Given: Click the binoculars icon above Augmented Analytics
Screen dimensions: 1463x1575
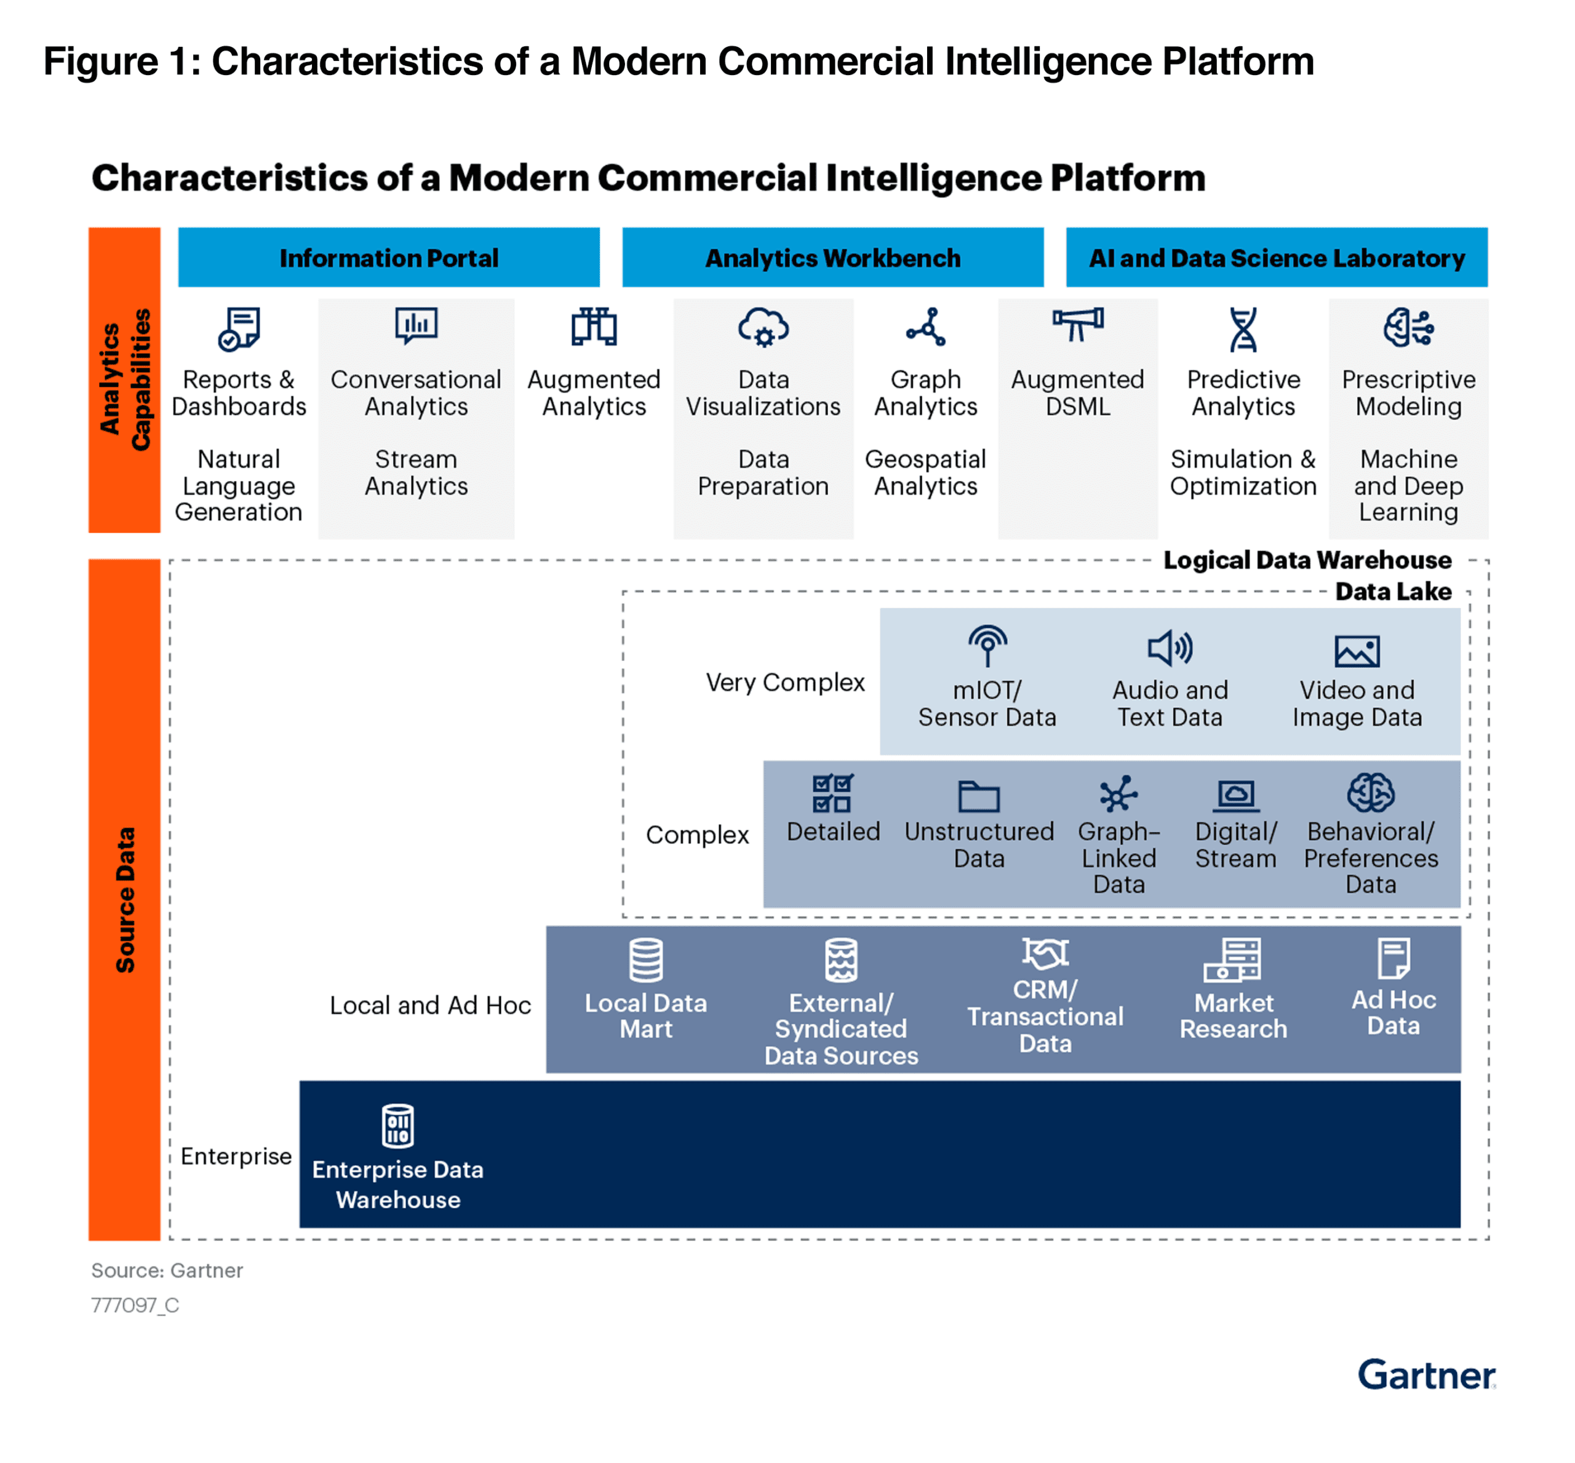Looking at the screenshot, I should pos(593,327).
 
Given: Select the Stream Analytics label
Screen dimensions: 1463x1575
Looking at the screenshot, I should pos(416,473).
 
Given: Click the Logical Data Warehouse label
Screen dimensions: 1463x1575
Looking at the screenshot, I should pos(1307,560).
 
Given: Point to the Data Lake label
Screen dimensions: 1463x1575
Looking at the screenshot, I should pos(1393,592).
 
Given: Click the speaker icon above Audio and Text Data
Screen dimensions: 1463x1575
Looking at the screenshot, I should pos(1170,648).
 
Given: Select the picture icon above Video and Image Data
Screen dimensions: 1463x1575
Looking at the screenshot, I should pos(1357,651).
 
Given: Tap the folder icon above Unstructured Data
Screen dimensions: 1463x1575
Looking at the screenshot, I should pos(979,796).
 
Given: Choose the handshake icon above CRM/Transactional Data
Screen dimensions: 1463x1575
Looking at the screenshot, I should pos(1045,953).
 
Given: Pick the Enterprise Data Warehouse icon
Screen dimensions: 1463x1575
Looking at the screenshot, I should pos(397,1125).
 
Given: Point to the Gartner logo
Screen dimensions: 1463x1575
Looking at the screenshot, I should pos(1425,1375).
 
